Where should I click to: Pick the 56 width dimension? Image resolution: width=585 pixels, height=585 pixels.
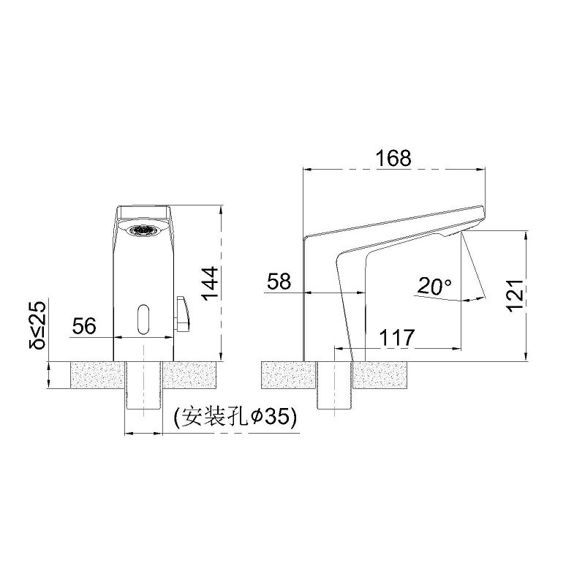pyautogui.click(x=85, y=326)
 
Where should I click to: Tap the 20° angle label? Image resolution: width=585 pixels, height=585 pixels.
pyautogui.click(x=434, y=286)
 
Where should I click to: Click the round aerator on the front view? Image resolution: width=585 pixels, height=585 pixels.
pyautogui.click(x=143, y=230)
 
